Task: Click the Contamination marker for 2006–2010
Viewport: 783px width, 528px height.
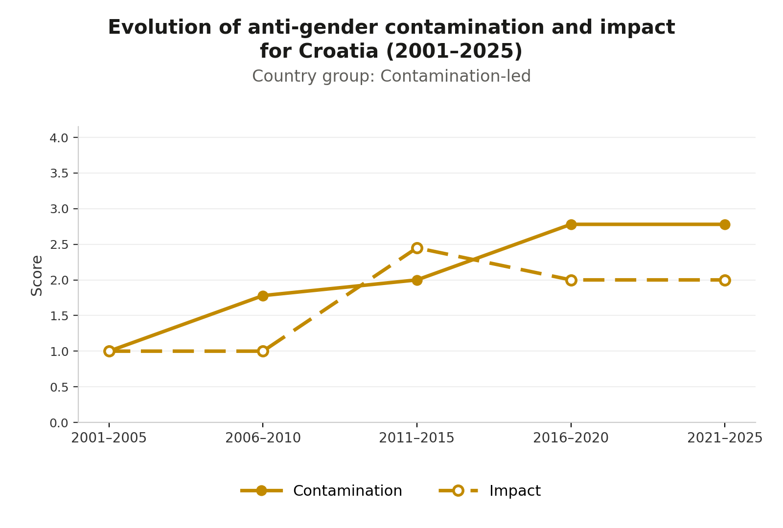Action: pyautogui.click(x=263, y=296)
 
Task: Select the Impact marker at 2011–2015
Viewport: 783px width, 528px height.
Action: pyautogui.click(x=416, y=248)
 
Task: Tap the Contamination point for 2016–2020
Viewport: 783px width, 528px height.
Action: pyautogui.click(x=571, y=224)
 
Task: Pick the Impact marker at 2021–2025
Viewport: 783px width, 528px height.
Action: pyautogui.click(x=725, y=280)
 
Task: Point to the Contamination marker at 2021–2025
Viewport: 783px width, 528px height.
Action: pyautogui.click(x=725, y=224)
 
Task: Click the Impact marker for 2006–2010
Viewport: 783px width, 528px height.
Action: pyautogui.click(x=263, y=351)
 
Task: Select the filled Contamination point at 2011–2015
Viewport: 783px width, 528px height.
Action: pyautogui.click(x=416, y=280)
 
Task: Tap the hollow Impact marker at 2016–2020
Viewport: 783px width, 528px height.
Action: pyautogui.click(x=571, y=280)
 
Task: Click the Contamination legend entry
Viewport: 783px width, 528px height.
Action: pyautogui.click(x=321, y=491)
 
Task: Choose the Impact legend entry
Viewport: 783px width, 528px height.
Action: pyautogui.click(x=490, y=491)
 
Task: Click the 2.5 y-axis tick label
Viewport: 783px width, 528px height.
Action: pyautogui.click(x=59, y=245)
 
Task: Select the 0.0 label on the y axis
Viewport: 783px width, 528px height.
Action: pyautogui.click(x=59, y=423)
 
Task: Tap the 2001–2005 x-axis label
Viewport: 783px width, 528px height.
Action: pyautogui.click(x=109, y=438)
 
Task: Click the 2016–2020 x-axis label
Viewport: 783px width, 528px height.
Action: pyautogui.click(x=571, y=438)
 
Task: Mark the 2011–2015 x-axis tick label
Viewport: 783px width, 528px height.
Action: pyautogui.click(x=416, y=438)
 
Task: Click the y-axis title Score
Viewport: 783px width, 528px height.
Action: pyautogui.click(x=36, y=276)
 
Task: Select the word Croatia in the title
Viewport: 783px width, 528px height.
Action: pyautogui.click(x=338, y=51)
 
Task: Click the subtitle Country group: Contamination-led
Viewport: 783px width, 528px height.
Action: pyautogui.click(x=391, y=76)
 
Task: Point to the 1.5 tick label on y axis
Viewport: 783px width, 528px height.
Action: pyautogui.click(x=59, y=316)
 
